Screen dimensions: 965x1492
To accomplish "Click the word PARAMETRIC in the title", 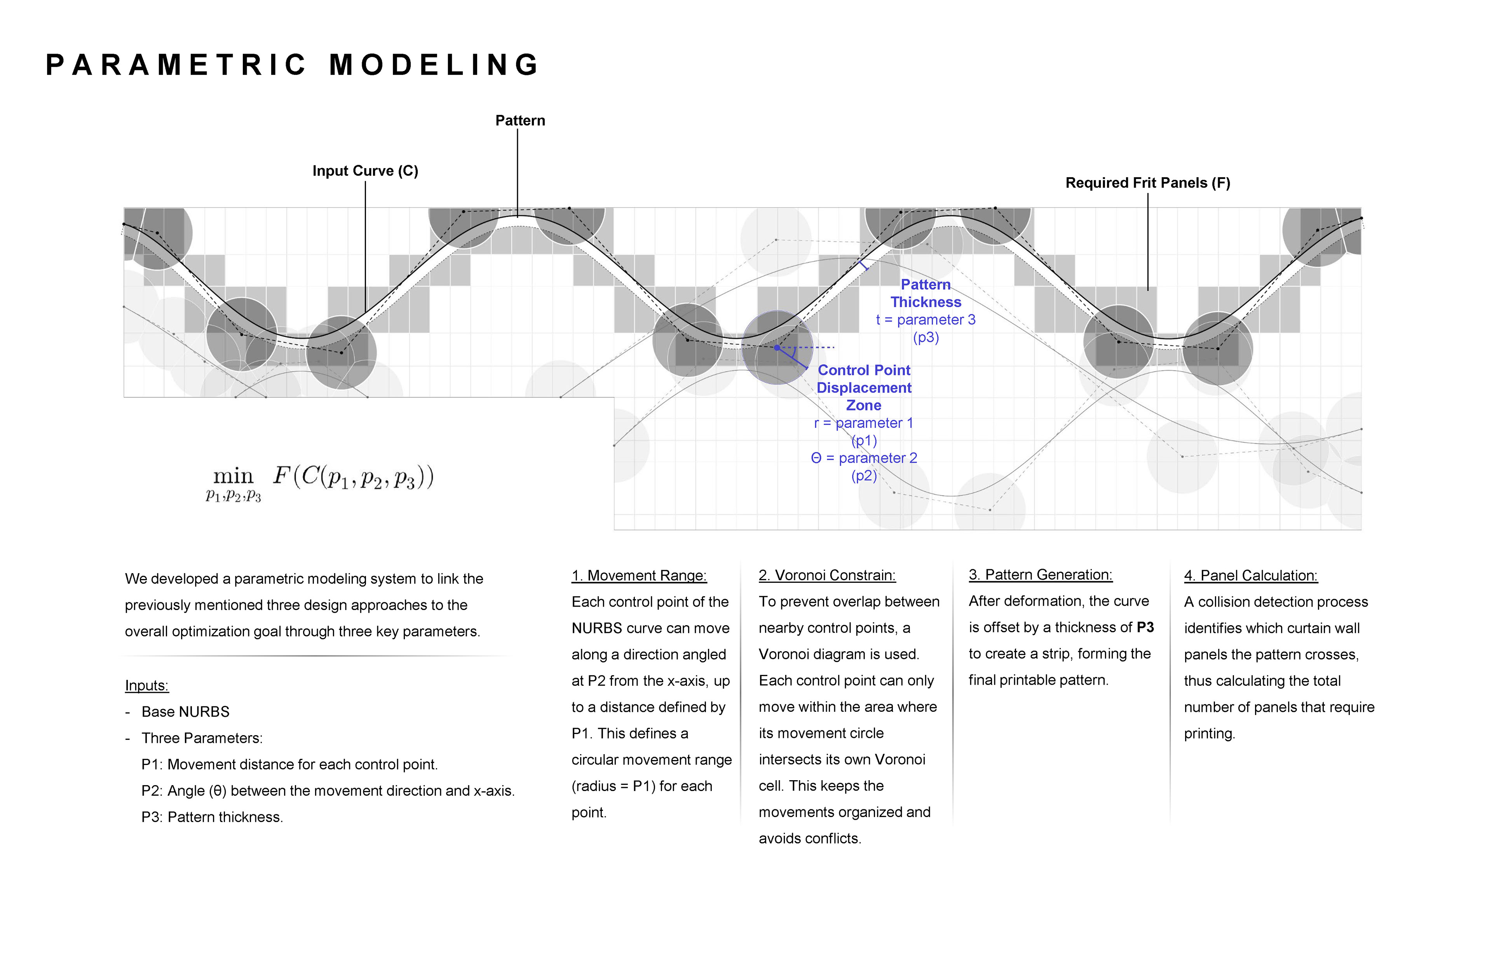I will coord(176,65).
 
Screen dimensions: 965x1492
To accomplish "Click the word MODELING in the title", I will coord(434,65).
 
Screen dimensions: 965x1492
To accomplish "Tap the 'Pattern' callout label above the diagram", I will coord(520,120).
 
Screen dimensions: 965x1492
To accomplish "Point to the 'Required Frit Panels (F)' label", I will coord(1147,183).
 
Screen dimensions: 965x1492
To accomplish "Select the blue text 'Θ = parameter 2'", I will coord(863,458).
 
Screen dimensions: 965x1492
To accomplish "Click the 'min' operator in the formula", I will coord(233,476).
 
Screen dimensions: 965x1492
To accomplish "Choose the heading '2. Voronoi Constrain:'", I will coord(827,575).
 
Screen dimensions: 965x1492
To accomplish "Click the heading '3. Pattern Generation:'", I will coord(1040,575).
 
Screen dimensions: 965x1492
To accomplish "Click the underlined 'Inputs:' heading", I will coord(147,685).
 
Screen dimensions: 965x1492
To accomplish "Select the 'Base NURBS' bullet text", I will coord(186,712).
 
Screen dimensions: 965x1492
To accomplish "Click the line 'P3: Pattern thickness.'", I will coord(212,817).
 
